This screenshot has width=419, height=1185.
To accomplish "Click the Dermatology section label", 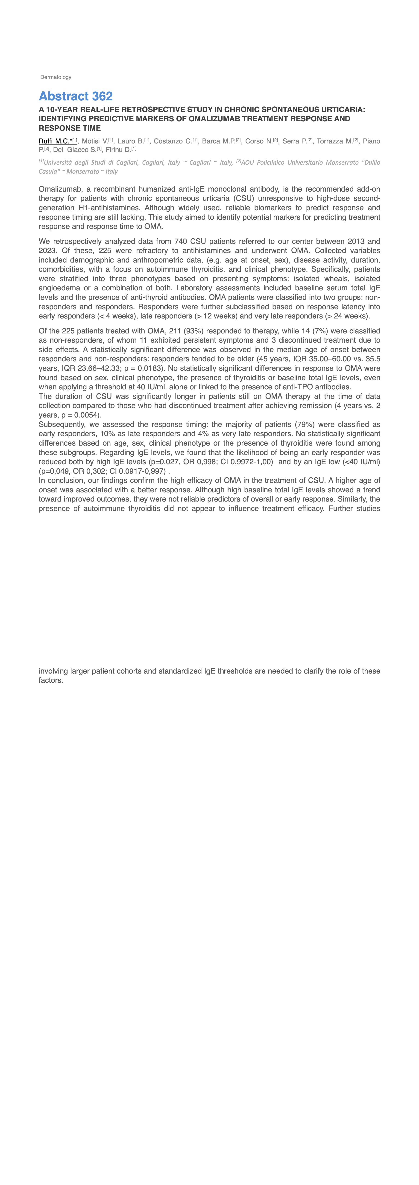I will click(56, 77).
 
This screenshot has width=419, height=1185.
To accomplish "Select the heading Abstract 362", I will click(76, 96).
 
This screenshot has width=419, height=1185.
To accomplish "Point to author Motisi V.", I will click(95, 141).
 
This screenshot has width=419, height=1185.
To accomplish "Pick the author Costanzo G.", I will click(173, 141).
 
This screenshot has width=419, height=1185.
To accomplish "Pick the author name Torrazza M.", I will click(334, 141).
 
